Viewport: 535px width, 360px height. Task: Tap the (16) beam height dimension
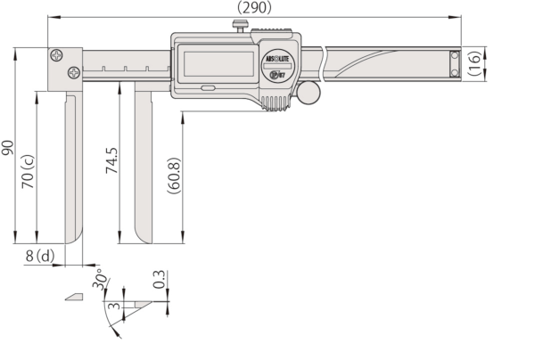click(475, 63)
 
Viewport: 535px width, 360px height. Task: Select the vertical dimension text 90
click(8, 147)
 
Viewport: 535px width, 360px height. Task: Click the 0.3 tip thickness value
click(159, 279)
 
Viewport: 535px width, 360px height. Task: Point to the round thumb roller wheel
click(308, 92)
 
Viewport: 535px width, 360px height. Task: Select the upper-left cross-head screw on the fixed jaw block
click(57, 55)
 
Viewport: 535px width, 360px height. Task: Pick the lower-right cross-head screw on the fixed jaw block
click(73, 72)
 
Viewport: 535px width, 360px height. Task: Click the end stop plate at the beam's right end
click(455, 63)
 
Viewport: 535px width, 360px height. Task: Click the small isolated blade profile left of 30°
click(73, 297)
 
